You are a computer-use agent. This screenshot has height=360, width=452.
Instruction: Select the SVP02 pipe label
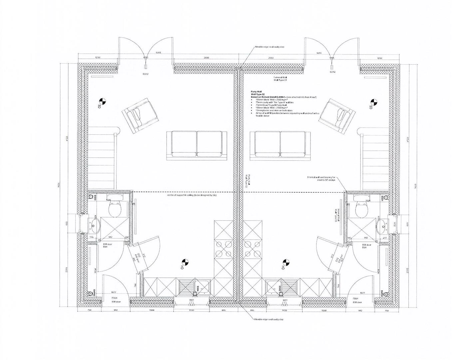click(x=95, y=293)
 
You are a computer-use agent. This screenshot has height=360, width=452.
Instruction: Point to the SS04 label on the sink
click(x=198, y=289)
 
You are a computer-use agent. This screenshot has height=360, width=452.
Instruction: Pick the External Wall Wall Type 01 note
click(x=280, y=79)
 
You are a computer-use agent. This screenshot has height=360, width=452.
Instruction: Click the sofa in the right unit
click(x=280, y=144)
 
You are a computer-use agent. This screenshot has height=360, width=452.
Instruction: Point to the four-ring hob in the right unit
click(x=252, y=249)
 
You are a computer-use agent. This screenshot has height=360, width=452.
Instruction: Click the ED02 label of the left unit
click(x=145, y=74)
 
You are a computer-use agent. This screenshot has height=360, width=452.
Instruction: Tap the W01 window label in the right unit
click(x=285, y=300)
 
